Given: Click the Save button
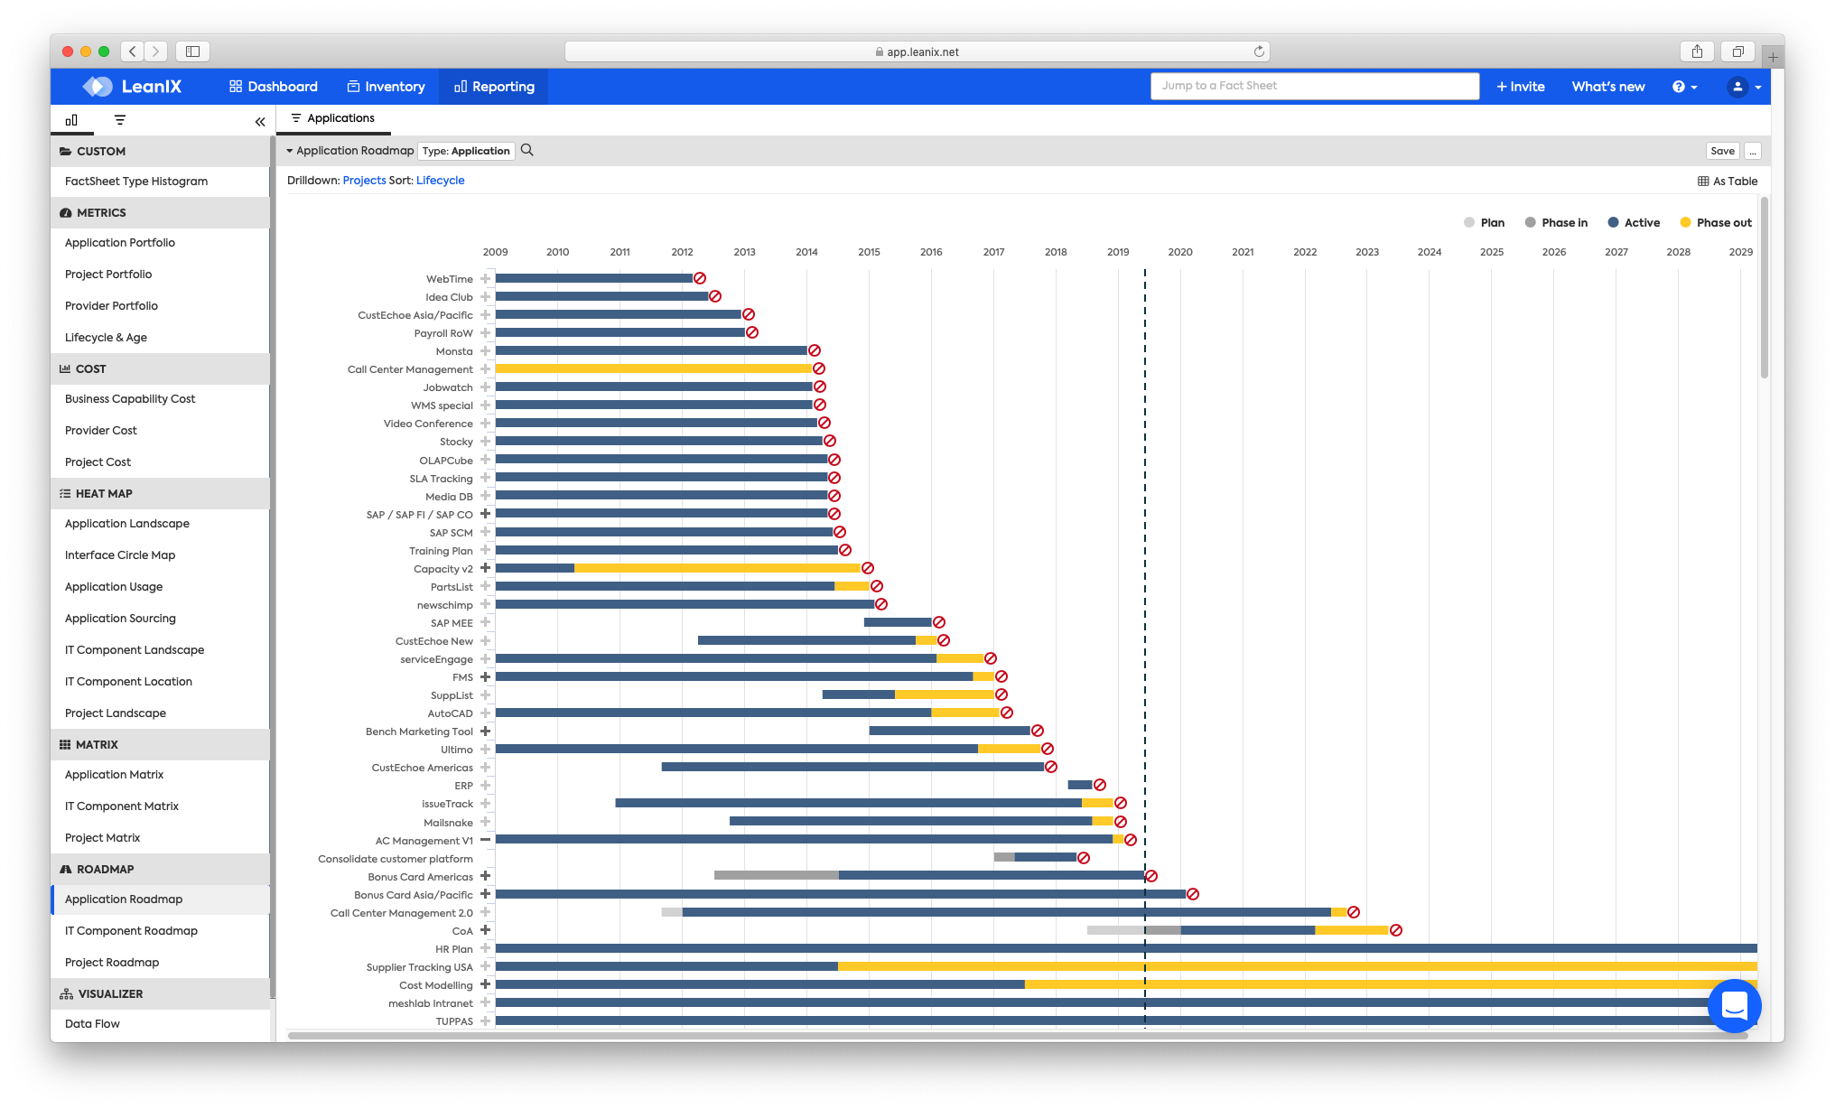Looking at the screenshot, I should (1722, 151).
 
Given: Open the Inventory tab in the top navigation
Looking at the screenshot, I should (386, 87).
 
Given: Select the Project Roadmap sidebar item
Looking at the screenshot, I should (112, 963).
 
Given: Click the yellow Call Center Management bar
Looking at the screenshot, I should (653, 369).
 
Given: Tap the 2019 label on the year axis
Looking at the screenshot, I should (1118, 252).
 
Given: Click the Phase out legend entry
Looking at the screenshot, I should (1715, 223).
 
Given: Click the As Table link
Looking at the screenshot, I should (1728, 182).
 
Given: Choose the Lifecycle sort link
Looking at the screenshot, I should (440, 181).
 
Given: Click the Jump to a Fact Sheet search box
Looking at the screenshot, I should (1314, 86).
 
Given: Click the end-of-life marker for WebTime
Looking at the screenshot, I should (700, 279).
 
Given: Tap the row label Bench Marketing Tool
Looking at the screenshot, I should (419, 732).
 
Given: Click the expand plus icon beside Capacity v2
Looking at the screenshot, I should (486, 568).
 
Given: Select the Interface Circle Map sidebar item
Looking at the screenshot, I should (120, 555).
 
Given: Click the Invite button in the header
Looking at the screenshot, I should (1521, 87).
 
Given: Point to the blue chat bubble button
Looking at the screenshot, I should (1734, 1005).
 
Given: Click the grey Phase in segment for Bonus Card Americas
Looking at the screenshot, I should (776, 876).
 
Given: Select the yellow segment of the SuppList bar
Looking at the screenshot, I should (944, 694).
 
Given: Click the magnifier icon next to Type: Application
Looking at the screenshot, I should (527, 151).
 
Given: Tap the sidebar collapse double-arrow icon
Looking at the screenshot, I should (260, 121).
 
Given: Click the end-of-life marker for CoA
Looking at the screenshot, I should (1396, 930).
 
